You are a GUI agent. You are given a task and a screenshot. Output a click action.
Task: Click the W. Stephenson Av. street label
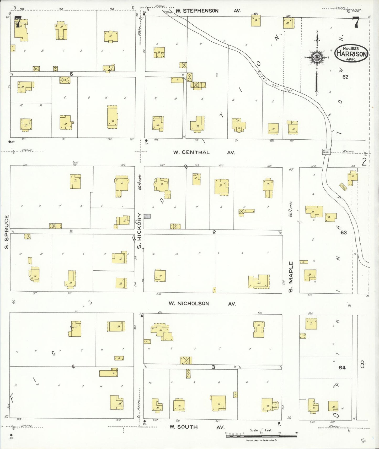point(208,11)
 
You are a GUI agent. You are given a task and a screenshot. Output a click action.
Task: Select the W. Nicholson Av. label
point(202,303)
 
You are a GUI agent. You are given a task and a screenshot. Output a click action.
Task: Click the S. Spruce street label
point(7,232)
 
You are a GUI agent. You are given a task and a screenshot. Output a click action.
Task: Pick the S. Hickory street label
point(139,231)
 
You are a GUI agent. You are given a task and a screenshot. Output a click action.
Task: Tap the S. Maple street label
point(291,277)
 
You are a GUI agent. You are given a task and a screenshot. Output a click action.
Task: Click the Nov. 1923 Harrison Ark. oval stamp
point(351,53)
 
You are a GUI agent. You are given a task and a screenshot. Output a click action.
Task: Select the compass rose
point(317,57)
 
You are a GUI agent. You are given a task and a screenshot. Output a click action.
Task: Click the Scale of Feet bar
point(261,436)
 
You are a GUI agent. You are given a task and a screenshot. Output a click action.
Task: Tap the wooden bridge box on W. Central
point(326,152)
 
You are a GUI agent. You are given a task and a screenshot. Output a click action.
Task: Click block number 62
point(345,77)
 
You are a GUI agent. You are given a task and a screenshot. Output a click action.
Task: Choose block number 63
point(343,232)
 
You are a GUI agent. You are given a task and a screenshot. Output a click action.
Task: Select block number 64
point(342,368)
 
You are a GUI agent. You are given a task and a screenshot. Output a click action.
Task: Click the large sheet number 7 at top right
point(356,22)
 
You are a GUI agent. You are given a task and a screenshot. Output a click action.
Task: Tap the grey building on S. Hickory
point(147,216)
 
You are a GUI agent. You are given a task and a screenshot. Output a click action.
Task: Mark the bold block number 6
point(71,74)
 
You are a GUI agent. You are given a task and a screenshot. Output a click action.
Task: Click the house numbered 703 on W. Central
point(113,121)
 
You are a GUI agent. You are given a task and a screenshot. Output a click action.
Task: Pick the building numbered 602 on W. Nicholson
point(259,329)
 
